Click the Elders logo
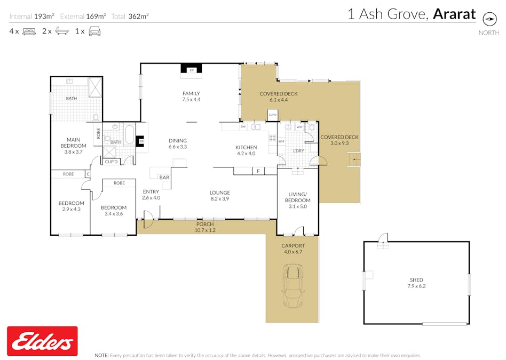[x=42, y=341]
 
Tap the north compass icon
[x=489, y=19]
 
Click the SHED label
[x=416, y=280]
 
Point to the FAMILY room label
[x=191, y=93]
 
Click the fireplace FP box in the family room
[x=191, y=70]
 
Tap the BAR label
[x=164, y=178]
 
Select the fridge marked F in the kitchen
[x=258, y=171]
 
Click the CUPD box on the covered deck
[x=272, y=115]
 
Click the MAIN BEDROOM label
[x=73, y=142]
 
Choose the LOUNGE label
[x=219, y=193]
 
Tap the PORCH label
[x=205, y=224]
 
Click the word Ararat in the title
[x=454, y=14]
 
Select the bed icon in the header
[x=29, y=31]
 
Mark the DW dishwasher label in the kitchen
[x=243, y=127]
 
